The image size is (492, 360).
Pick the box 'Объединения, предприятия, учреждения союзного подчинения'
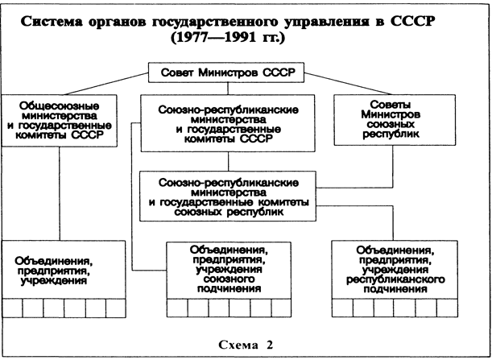229,269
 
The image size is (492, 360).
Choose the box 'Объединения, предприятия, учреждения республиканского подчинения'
394,269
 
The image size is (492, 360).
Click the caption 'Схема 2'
246,345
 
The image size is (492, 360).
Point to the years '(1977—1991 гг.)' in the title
246,36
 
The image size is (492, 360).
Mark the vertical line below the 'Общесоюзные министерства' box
60,193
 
